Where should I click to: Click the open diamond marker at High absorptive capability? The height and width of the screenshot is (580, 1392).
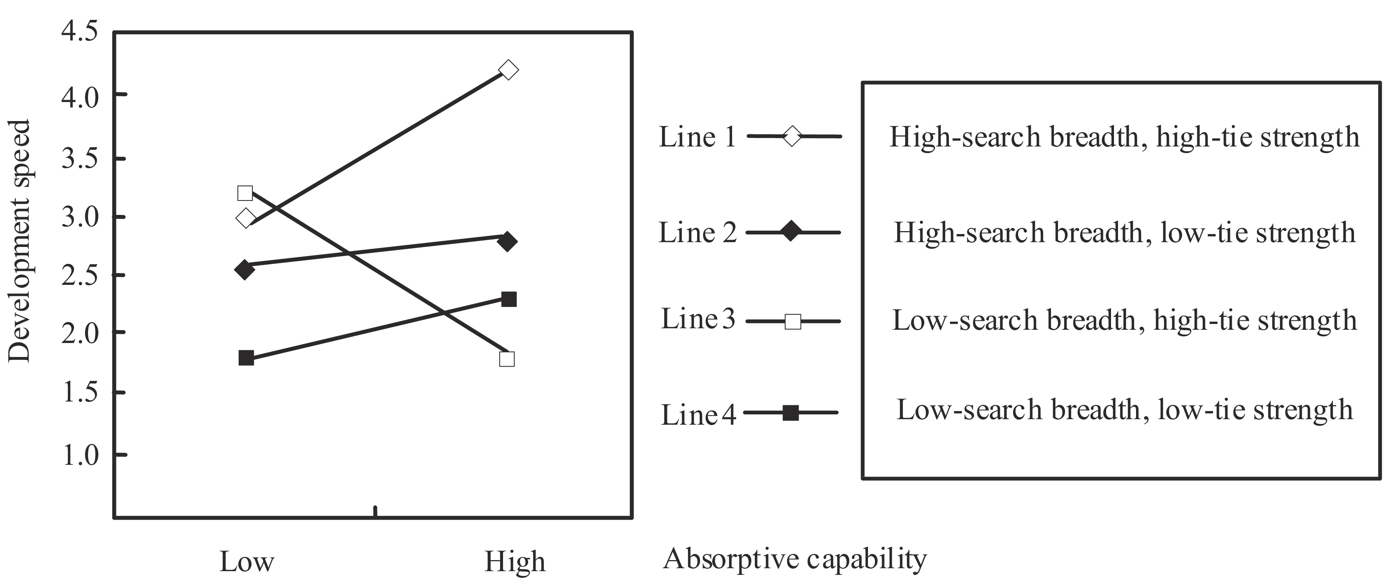[508, 70]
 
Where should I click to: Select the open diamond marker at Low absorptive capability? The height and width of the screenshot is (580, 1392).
[246, 219]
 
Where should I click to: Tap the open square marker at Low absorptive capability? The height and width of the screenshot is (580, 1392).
[245, 193]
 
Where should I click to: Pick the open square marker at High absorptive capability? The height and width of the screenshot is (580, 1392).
[507, 359]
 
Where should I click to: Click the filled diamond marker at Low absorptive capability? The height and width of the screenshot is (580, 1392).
[245, 269]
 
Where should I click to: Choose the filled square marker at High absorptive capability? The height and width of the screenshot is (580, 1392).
[509, 299]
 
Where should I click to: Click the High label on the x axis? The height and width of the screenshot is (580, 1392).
[515, 562]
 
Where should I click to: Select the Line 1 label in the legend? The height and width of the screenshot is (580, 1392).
[697, 137]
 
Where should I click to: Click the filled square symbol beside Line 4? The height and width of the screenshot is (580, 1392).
[791, 413]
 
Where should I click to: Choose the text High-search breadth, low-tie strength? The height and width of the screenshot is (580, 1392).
[1125, 233]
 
